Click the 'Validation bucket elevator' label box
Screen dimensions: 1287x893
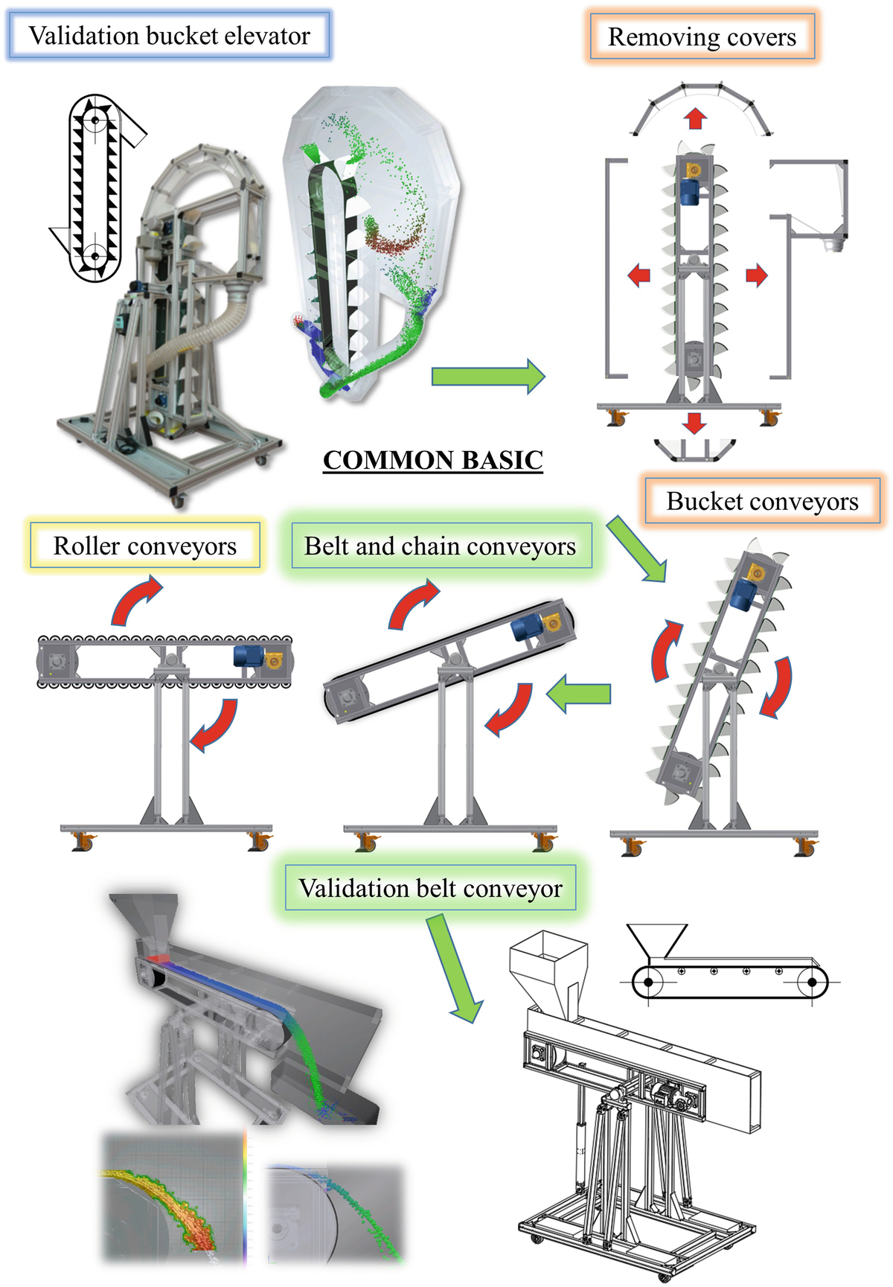click(x=169, y=36)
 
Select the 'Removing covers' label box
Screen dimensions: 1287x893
click(x=702, y=37)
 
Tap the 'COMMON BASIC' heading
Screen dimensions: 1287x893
click(x=433, y=460)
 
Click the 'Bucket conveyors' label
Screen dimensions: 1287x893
click(x=762, y=502)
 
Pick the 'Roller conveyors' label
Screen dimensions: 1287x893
click(x=145, y=546)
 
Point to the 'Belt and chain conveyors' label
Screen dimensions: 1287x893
click(x=440, y=546)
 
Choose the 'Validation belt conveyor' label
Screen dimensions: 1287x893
click(x=430, y=888)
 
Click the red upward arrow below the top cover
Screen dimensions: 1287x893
click(x=695, y=118)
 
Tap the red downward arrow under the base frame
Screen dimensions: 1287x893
click(x=694, y=423)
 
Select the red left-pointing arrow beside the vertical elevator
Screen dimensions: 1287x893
click(x=638, y=275)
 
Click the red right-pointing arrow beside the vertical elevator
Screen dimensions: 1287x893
click(x=756, y=275)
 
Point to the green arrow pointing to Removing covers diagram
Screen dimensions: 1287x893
click(x=487, y=376)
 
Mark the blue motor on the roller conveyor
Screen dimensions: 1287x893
click(x=247, y=656)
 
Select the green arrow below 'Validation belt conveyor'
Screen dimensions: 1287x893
click(x=454, y=968)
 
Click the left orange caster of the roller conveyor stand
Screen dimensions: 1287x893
click(x=82, y=842)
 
